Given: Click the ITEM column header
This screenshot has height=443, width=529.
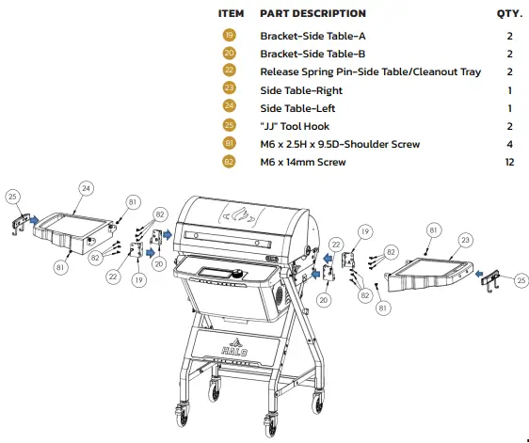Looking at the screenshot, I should click(x=231, y=14).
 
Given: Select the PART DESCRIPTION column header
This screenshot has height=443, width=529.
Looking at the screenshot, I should click(x=313, y=14).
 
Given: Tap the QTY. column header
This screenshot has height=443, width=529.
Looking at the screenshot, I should click(x=508, y=14).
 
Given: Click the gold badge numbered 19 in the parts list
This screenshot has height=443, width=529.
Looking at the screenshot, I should click(x=230, y=37).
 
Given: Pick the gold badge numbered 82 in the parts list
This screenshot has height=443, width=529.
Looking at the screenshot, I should click(x=230, y=162).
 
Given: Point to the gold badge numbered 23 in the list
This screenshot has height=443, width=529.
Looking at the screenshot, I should click(x=230, y=90).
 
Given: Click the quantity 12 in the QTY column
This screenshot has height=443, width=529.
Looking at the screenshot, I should click(x=508, y=162).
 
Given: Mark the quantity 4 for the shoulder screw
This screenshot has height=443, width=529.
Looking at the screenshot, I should click(x=508, y=144).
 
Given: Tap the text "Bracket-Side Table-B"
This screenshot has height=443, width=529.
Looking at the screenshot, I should click(x=313, y=55).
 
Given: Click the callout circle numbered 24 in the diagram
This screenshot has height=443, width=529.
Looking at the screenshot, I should click(x=86, y=188).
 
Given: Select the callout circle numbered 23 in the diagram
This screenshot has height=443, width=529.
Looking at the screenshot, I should click(x=463, y=240).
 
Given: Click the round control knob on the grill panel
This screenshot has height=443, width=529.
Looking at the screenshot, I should click(x=239, y=274).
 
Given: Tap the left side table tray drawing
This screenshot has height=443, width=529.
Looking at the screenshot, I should click(x=71, y=230).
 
